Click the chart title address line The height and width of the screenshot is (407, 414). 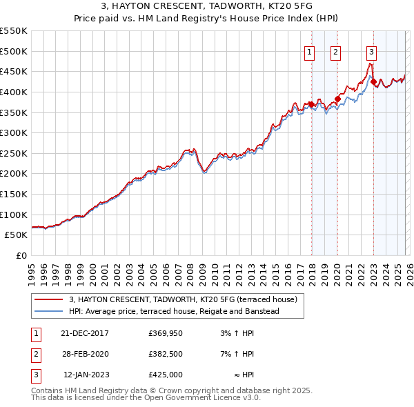pos(206,6)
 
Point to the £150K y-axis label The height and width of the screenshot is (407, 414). pos(14,194)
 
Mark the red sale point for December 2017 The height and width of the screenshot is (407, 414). pos(311,104)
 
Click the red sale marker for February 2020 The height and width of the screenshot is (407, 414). pos(338,99)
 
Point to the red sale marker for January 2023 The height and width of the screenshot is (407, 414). pos(373,81)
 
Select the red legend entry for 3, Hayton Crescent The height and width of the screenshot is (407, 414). pos(182,299)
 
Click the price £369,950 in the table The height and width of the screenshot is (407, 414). pos(165,333)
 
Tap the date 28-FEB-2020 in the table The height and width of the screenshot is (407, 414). pos(84,353)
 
